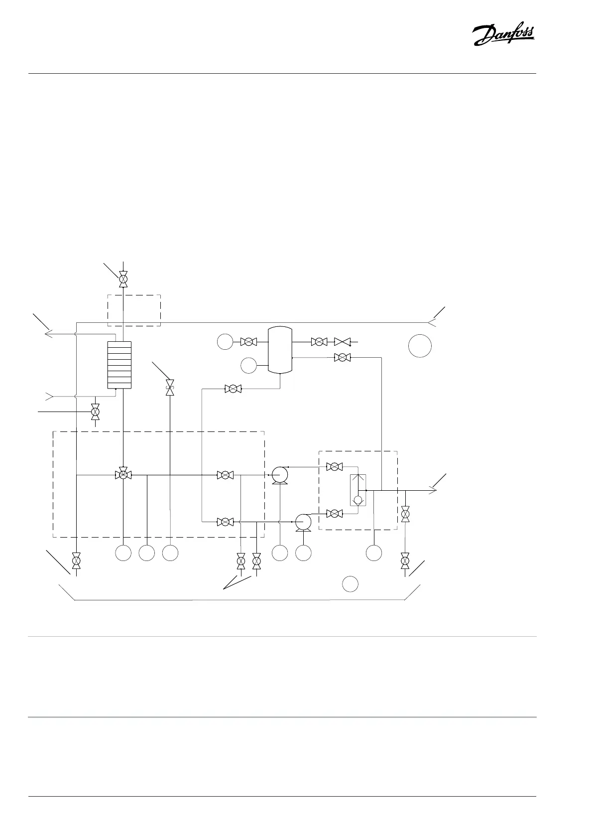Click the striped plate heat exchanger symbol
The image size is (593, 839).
119,365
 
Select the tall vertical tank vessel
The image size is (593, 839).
279,349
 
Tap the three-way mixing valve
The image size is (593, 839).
122,475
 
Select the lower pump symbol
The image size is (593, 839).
303,522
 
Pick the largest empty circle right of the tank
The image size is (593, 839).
420,346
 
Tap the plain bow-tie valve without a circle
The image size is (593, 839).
342,342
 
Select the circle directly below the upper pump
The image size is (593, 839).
280,553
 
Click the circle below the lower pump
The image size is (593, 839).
304,553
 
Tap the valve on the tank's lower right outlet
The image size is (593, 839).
342,357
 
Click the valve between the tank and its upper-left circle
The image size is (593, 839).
247,342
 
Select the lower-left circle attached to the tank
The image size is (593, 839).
248,366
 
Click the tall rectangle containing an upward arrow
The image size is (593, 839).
357,490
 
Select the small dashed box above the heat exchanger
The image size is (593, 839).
134,310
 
